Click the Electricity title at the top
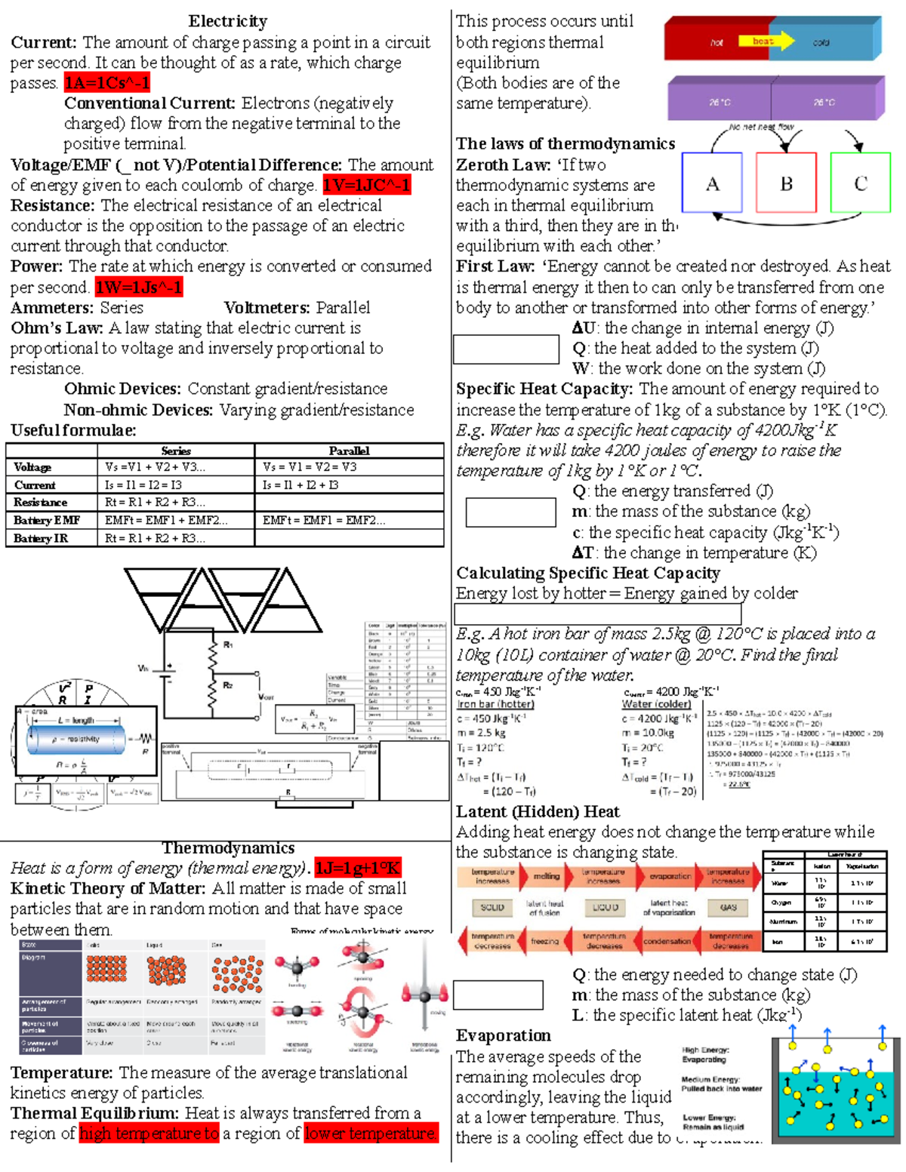227,21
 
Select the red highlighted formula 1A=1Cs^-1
107,82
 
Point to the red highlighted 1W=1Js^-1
139,288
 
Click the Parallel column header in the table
349,451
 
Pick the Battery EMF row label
47,520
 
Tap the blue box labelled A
712,183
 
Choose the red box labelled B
786,183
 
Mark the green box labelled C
861,183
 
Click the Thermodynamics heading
228,847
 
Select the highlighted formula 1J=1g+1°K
358,868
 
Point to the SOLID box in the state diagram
492,908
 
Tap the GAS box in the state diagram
729,908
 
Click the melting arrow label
547,876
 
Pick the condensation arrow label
667,941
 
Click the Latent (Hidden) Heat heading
538,811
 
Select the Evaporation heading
504,1035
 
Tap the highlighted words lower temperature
371,1134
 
